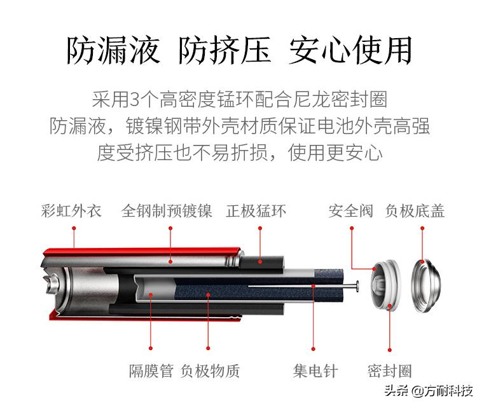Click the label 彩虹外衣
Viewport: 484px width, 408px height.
click(x=71, y=211)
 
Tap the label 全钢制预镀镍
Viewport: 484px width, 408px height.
click(x=167, y=211)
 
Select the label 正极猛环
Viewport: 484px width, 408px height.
click(x=256, y=211)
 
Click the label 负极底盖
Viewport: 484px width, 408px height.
click(x=415, y=211)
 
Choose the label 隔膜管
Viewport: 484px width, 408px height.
click(x=151, y=371)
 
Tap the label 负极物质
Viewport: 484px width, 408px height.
click(x=211, y=371)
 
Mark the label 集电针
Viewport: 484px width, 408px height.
click(x=315, y=371)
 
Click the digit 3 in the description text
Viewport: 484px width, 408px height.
click(x=134, y=100)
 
